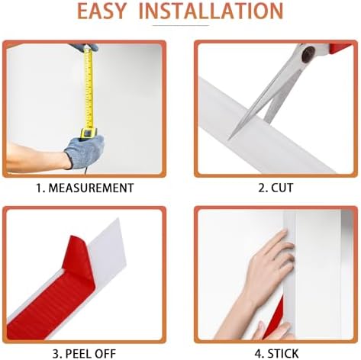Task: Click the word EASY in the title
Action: (x=102, y=11)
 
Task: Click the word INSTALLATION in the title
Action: (x=211, y=11)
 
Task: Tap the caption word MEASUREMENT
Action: (x=91, y=188)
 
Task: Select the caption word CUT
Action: (x=282, y=188)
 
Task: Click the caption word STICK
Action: (x=283, y=354)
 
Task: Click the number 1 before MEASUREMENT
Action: (x=39, y=188)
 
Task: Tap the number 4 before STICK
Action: (x=259, y=354)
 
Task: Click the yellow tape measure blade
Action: (x=89, y=88)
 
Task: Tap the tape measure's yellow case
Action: (x=89, y=133)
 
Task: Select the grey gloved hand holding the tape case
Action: (x=85, y=151)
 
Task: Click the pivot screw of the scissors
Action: (x=308, y=54)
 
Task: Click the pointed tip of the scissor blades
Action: (x=229, y=139)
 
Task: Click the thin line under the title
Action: (x=181, y=25)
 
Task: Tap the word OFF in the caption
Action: (x=105, y=354)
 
